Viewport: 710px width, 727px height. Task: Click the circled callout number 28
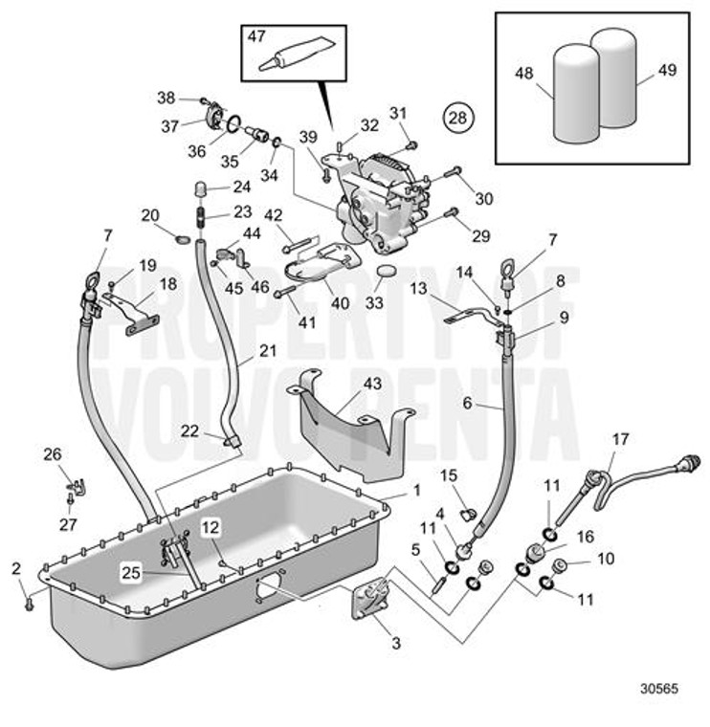[x=457, y=118]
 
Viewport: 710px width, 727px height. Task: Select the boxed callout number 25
[x=132, y=574]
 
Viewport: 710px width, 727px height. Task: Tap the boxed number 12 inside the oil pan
[x=211, y=525]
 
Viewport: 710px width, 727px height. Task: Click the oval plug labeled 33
[x=388, y=274]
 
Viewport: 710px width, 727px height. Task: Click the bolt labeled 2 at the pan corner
[x=30, y=603]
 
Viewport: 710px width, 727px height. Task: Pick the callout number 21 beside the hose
[x=267, y=351]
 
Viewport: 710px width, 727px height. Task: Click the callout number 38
[x=166, y=97]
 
